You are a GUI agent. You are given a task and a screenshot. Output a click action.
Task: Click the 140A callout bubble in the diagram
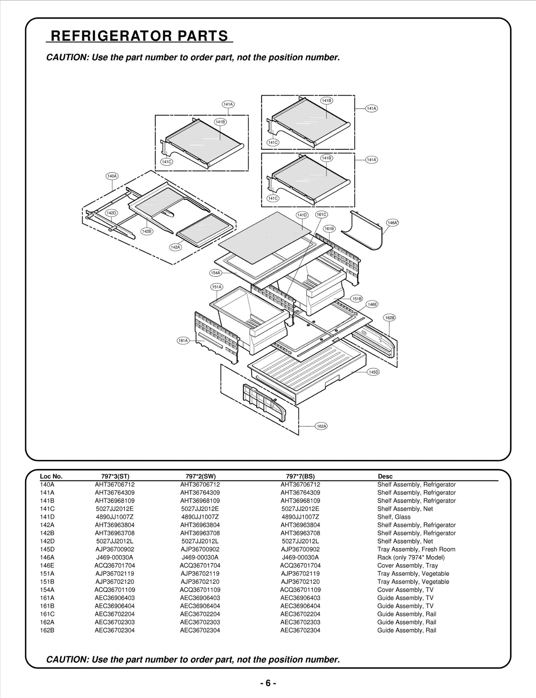(x=112, y=176)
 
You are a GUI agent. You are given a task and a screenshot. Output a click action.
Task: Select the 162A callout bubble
(x=321, y=426)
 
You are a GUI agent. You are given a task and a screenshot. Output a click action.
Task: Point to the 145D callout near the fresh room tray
(x=373, y=372)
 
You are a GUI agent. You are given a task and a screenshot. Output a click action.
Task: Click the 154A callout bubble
(x=215, y=273)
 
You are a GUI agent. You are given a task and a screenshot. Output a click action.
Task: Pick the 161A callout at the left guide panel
(x=183, y=340)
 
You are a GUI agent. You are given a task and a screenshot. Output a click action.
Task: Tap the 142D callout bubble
(x=111, y=213)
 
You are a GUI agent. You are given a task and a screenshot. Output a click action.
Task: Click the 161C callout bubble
(x=321, y=214)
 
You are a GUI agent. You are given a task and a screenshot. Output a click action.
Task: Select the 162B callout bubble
(x=390, y=318)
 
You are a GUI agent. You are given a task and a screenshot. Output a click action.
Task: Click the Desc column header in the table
(x=385, y=476)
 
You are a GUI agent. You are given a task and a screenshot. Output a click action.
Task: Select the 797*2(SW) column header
(x=200, y=476)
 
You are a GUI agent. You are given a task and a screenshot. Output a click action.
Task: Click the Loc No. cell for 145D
(x=47, y=549)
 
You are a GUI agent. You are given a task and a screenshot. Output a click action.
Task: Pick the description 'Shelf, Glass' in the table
(x=394, y=517)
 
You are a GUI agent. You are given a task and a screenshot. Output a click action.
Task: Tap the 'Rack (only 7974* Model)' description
(x=411, y=557)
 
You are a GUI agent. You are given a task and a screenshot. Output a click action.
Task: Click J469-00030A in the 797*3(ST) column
(x=115, y=557)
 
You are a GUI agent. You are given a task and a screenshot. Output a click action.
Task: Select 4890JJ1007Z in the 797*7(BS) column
(x=300, y=517)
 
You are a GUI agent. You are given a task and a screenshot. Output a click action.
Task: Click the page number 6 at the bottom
(x=268, y=683)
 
